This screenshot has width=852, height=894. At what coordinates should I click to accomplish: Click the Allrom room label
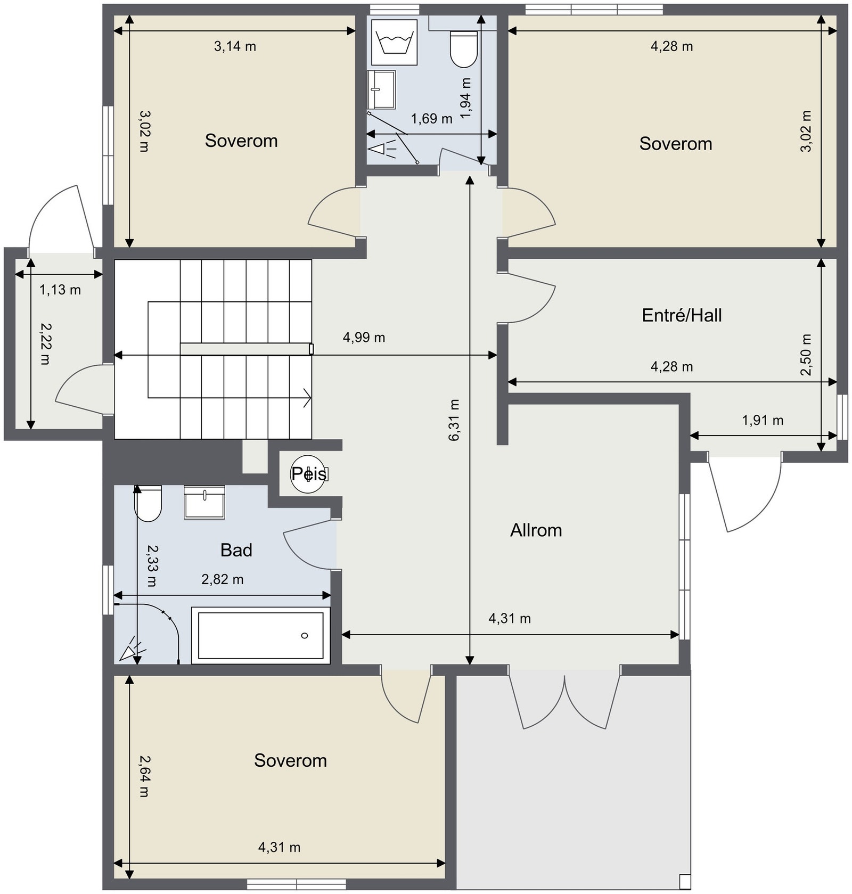point(536,530)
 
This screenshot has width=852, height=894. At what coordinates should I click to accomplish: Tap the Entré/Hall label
point(682,315)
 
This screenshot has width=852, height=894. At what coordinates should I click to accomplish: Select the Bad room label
point(236,550)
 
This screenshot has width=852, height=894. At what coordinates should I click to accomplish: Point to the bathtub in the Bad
point(260,635)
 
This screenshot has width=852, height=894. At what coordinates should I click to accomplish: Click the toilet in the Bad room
point(148,503)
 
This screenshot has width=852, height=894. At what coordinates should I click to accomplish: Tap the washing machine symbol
point(394,43)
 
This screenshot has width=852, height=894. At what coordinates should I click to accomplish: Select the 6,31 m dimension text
point(454,420)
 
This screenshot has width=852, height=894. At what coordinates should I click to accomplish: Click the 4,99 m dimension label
point(364,338)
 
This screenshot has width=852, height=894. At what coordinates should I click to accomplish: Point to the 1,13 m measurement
point(60,290)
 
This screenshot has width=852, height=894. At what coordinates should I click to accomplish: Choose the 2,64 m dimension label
point(144,776)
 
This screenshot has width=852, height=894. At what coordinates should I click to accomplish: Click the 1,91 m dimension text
point(763,421)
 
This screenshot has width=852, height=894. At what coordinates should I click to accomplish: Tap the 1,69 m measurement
point(431,119)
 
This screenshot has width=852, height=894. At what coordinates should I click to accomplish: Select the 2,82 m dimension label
point(222,579)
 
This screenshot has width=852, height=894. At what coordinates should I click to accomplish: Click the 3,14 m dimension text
point(235,47)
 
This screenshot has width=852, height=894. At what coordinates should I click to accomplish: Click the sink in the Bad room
point(204,502)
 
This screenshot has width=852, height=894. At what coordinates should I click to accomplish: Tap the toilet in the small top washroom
point(464,49)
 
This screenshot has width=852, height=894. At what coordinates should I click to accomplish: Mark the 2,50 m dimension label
point(806,355)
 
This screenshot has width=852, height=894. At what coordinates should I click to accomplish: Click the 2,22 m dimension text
point(46,343)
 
